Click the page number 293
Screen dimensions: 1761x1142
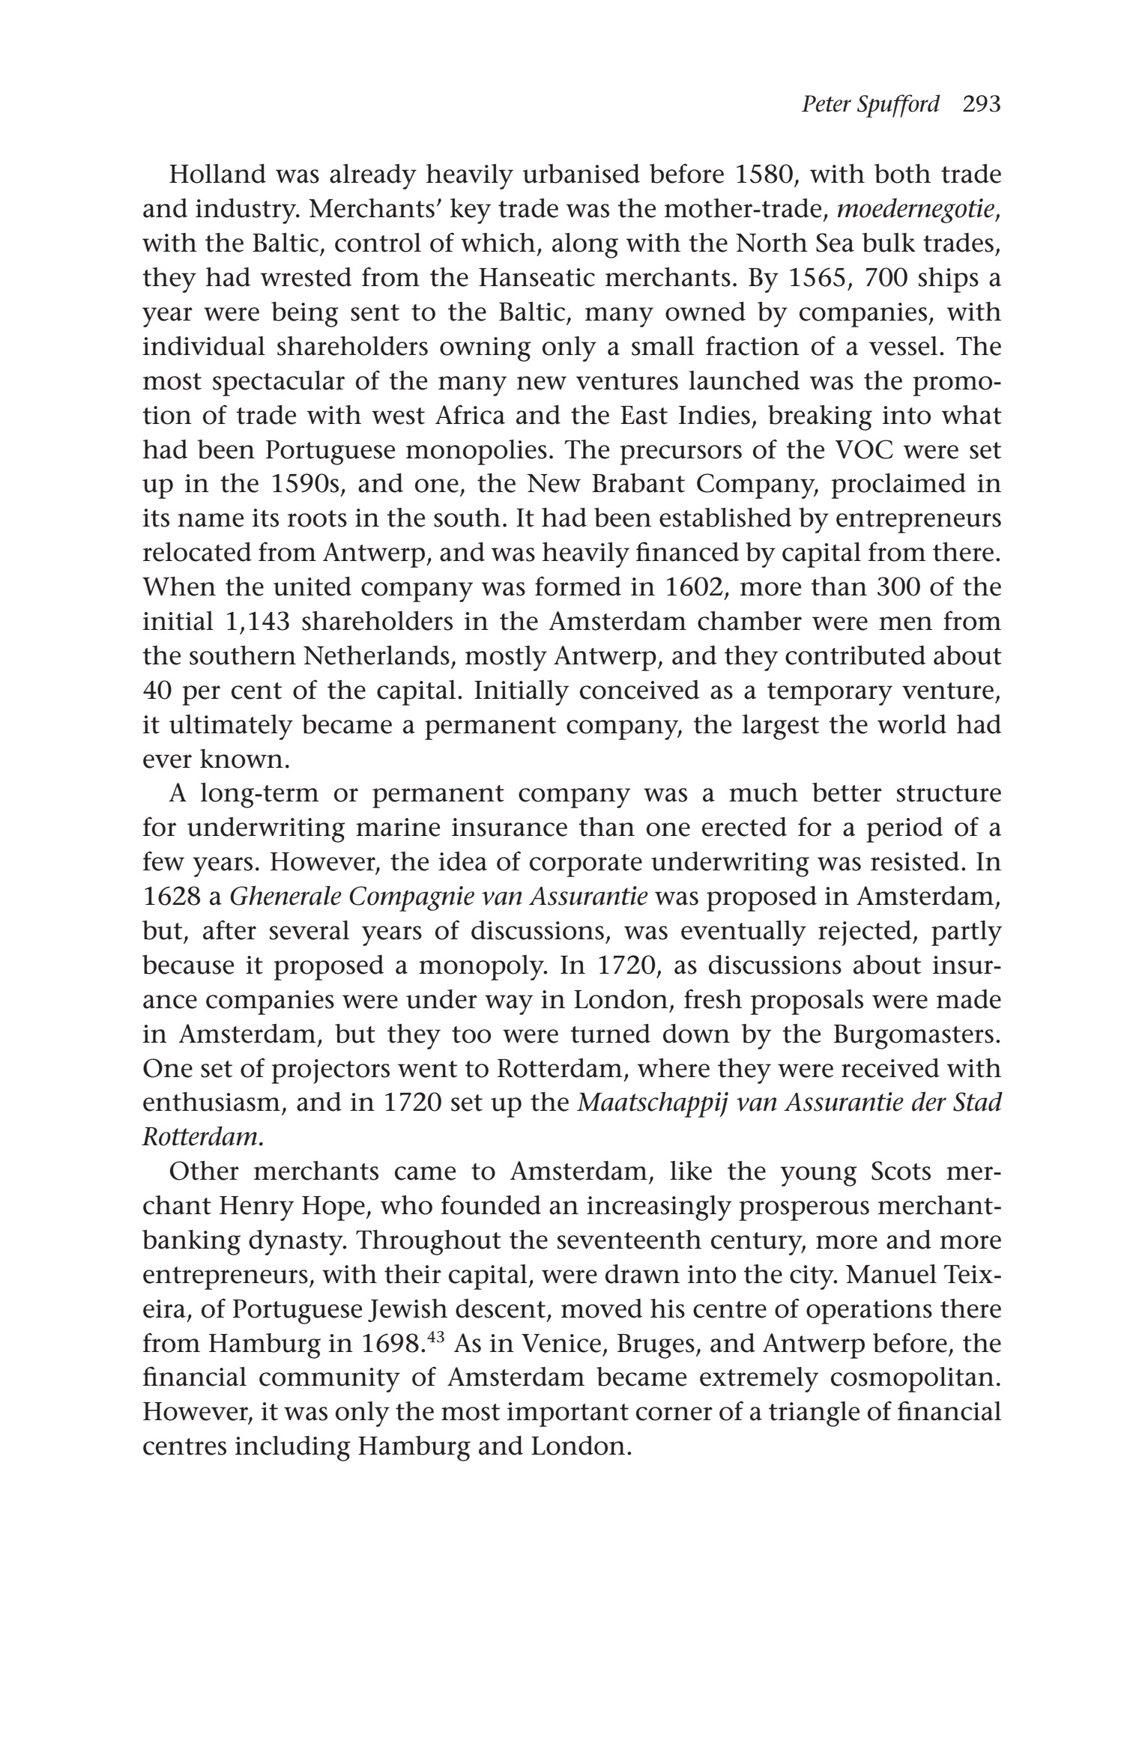982,104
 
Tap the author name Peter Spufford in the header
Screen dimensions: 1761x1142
870,104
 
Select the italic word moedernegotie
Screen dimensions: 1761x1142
916,209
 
